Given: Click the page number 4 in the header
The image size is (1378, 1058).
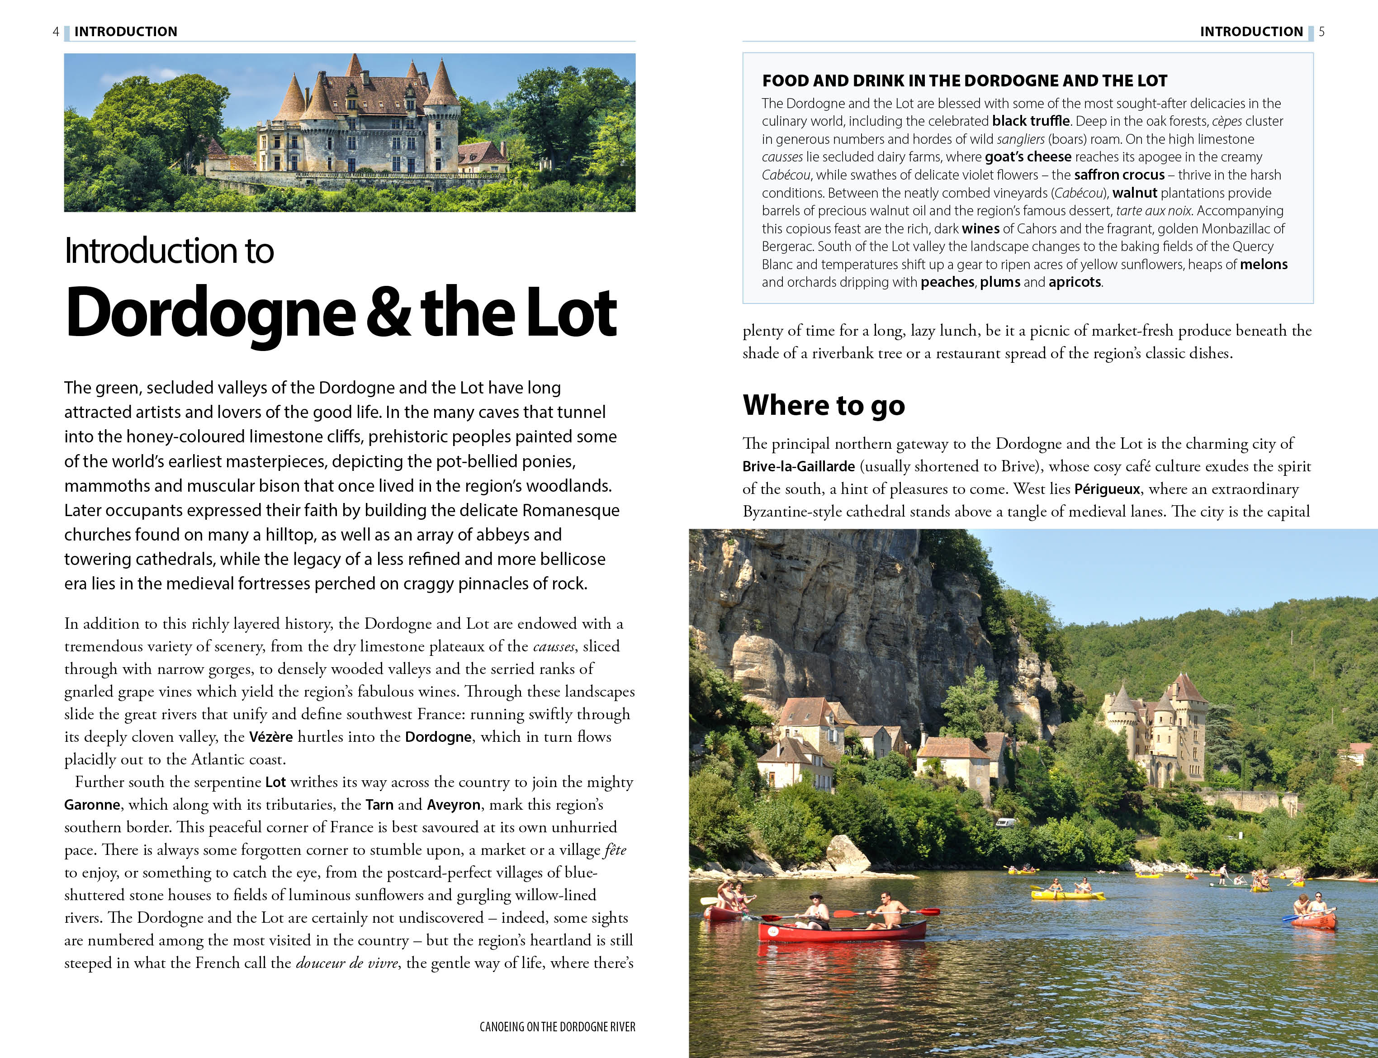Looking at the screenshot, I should tap(56, 32).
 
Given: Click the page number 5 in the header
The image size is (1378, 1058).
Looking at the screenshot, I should tap(1321, 32).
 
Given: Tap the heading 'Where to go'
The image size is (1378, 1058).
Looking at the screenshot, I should tap(824, 405).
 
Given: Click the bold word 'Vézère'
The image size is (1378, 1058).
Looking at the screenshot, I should tap(271, 737).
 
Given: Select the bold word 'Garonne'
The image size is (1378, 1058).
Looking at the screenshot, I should tap(92, 805).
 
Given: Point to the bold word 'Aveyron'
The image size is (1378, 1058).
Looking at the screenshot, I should tap(453, 805).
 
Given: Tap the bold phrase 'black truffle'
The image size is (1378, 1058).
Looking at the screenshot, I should tap(1031, 121).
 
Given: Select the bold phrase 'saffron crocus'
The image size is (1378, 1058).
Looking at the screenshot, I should tap(1119, 175).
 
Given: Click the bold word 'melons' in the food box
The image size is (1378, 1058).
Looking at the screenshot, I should tap(1264, 265).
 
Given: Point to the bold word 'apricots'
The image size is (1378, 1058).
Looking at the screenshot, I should tap(1075, 282).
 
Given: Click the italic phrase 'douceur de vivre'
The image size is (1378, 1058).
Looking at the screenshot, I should tap(346, 963).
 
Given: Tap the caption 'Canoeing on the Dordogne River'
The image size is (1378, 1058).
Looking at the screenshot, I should tap(557, 1027).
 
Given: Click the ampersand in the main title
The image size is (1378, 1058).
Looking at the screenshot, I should tap(388, 313).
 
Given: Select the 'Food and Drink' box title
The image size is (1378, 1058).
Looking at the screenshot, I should tap(964, 81).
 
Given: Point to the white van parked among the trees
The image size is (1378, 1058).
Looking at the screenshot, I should tap(1005, 822).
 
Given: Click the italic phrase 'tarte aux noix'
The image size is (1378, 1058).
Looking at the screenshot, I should tap(1153, 211).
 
